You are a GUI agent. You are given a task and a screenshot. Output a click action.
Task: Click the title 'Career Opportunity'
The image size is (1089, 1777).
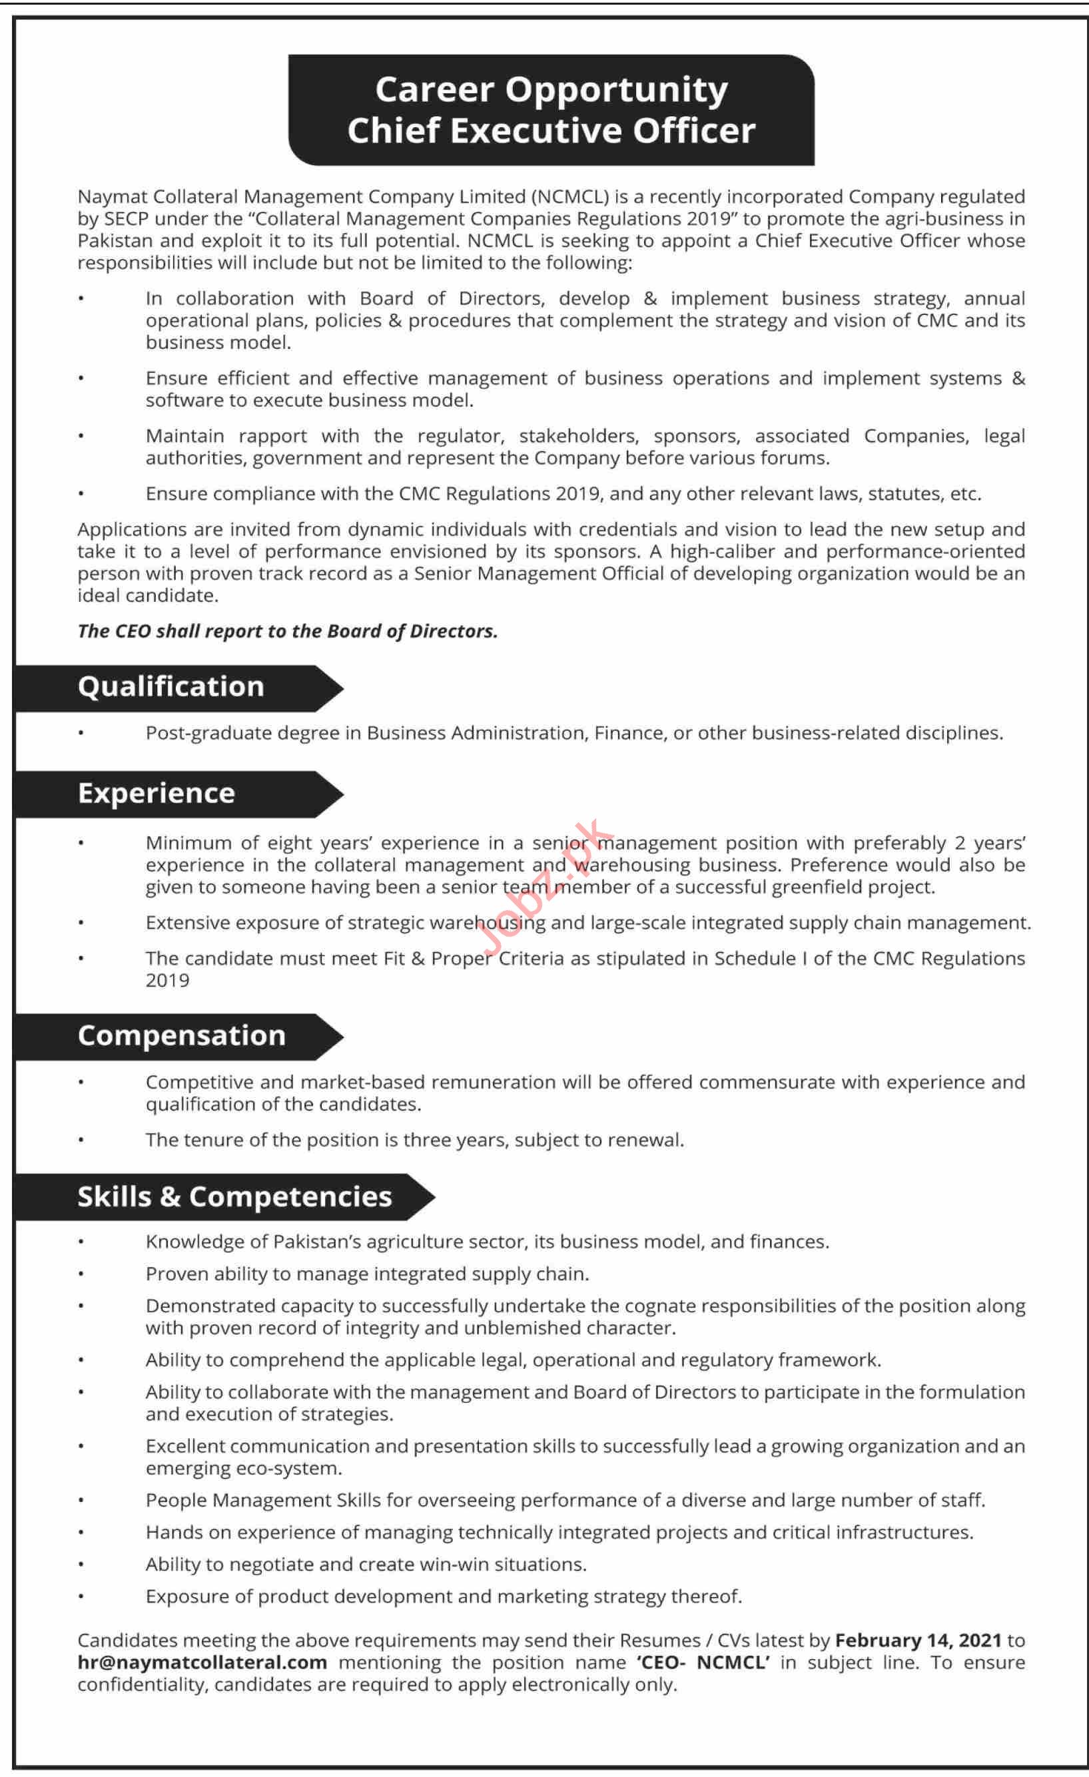point(551,90)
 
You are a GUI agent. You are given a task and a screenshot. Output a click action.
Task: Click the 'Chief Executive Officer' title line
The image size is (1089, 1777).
point(551,131)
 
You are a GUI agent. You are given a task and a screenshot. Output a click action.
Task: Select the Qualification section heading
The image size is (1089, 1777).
point(171,686)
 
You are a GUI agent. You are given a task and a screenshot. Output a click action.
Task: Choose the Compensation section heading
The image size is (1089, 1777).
point(182,1035)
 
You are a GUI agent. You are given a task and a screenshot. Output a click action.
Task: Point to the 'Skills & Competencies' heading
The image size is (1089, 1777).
point(234,1196)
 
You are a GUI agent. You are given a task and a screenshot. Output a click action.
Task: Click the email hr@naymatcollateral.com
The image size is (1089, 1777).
point(202,1662)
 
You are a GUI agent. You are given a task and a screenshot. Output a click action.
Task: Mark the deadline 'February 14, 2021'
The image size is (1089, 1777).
point(918,1640)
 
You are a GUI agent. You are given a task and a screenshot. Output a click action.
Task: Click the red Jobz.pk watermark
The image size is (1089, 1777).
point(548,887)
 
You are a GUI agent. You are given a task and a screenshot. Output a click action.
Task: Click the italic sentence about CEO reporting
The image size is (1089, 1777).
point(287,631)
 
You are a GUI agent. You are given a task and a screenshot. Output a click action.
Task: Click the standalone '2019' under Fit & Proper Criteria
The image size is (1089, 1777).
point(167,981)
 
